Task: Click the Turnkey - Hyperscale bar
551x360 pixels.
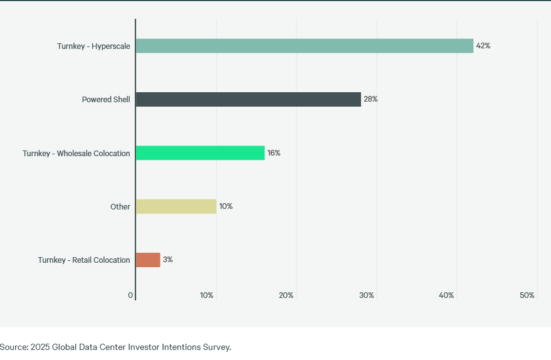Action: pyautogui.click(x=304, y=46)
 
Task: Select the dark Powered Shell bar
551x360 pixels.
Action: pyautogui.click(x=248, y=99)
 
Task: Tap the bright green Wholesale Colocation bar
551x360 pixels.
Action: pyautogui.click(x=200, y=153)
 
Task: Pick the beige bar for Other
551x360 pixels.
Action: pyautogui.click(x=176, y=206)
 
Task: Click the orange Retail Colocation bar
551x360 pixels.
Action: pyautogui.click(x=148, y=260)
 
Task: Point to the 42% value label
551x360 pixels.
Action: pyautogui.click(x=483, y=46)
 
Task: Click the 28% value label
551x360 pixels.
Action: pyautogui.click(x=370, y=99)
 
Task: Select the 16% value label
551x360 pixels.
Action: pyautogui.click(x=273, y=153)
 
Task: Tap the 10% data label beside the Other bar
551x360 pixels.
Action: pyautogui.click(x=226, y=206)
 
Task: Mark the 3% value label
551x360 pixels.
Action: pyautogui.click(x=167, y=260)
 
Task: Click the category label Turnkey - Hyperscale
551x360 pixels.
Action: pyautogui.click(x=93, y=46)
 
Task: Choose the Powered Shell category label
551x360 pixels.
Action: pyautogui.click(x=106, y=100)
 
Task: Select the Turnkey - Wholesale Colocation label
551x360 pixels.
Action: pyautogui.click(x=76, y=154)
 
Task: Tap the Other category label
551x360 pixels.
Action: pyautogui.click(x=120, y=207)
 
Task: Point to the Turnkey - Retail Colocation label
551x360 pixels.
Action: pyautogui.click(x=83, y=260)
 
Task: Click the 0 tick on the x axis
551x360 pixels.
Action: pyautogui.click(x=130, y=295)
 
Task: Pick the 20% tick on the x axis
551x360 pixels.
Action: pyautogui.click(x=286, y=295)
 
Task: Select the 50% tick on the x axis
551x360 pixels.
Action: pyautogui.click(x=527, y=295)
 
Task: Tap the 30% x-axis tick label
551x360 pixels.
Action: pyautogui.click(x=366, y=295)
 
